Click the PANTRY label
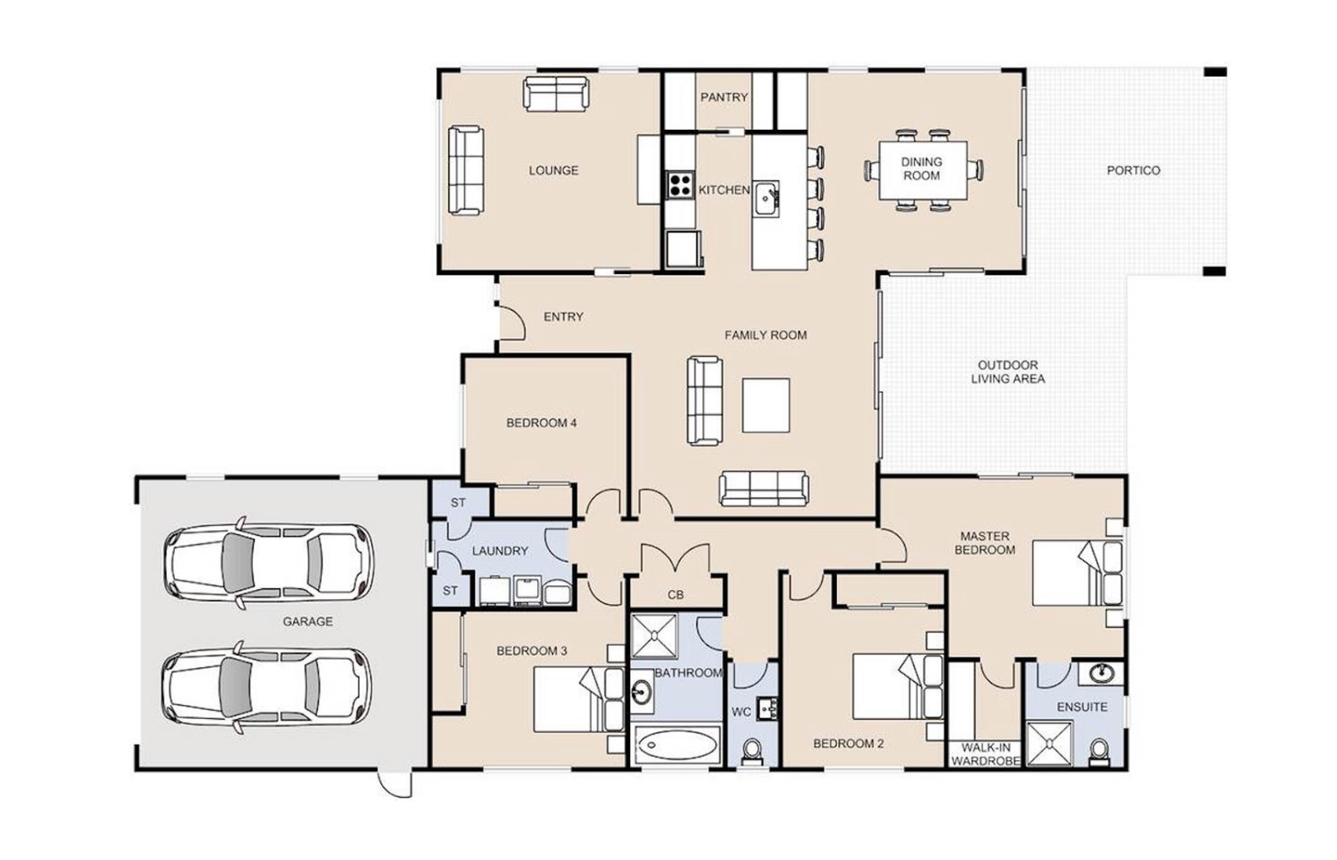[x=724, y=98]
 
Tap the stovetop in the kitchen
[x=680, y=184]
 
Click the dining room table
[x=923, y=170]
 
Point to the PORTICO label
[x=1134, y=171]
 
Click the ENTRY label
[x=564, y=317]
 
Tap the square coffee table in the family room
[x=766, y=406]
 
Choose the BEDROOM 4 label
[x=542, y=423]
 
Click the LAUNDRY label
[x=500, y=550]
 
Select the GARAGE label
[x=307, y=621]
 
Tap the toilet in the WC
[x=752, y=752]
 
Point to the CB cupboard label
[x=676, y=595]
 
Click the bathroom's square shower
[x=655, y=636]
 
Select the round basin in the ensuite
[x=1102, y=673]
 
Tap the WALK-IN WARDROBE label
[x=985, y=754]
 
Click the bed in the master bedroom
[x=1077, y=573]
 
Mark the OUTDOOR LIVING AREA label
[x=1008, y=372]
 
